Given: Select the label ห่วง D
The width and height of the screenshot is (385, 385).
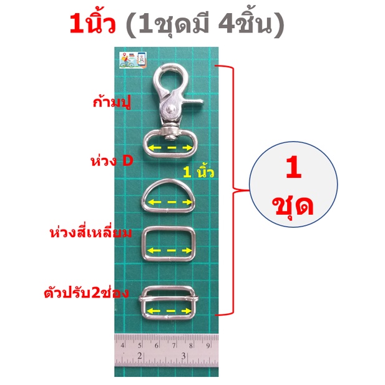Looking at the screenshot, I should point(112,161).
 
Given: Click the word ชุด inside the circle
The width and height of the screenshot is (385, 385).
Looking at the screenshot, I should point(293,208).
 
